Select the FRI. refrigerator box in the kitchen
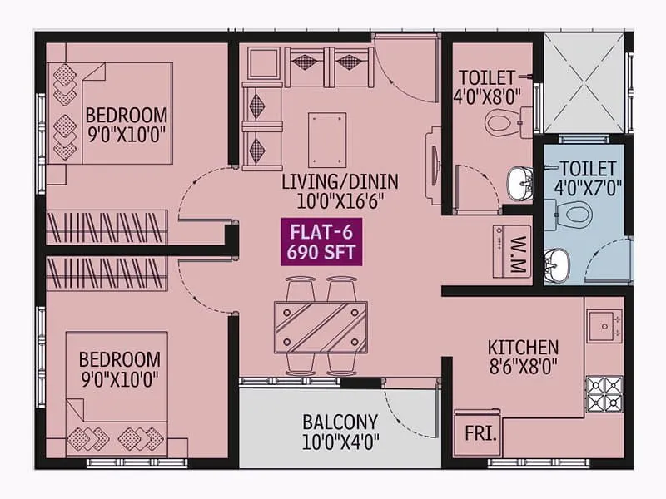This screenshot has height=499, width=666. click(x=477, y=433)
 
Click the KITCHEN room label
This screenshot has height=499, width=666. click(x=524, y=346)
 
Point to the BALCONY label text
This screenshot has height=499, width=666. click(x=340, y=421)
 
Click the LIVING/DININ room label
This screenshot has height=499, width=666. click(x=340, y=181)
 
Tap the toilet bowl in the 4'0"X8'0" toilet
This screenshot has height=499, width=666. click(x=502, y=124)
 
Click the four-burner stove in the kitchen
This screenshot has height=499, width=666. click(x=604, y=393)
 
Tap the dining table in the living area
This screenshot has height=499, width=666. click(x=321, y=328)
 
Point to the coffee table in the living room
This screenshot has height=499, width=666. click(x=326, y=139)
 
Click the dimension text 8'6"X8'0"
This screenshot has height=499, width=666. click(x=524, y=364)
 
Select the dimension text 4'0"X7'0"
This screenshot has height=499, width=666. click(x=588, y=185)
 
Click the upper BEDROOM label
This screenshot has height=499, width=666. click(x=127, y=114)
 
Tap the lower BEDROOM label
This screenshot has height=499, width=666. click(x=120, y=359)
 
